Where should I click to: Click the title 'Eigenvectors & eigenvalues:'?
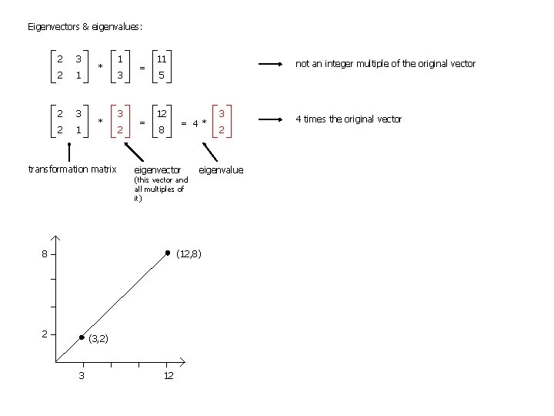click(x=85, y=27)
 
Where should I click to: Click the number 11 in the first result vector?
click(x=162, y=59)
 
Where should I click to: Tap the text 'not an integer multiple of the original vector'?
click(x=385, y=64)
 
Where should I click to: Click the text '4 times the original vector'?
click(x=349, y=119)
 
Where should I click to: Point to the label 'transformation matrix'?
click(x=72, y=169)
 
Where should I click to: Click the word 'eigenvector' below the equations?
click(x=158, y=169)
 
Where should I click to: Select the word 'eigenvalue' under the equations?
click(x=221, y=169)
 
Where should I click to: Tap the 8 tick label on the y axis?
click(x=45, y=253)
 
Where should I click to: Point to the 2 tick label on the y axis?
click(x=45, y=334)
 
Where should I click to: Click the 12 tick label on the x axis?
click(x=169, y=375)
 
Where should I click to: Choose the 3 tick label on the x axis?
click(x=82, y=375)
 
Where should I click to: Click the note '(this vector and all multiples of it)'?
click(x=160, y=190)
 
